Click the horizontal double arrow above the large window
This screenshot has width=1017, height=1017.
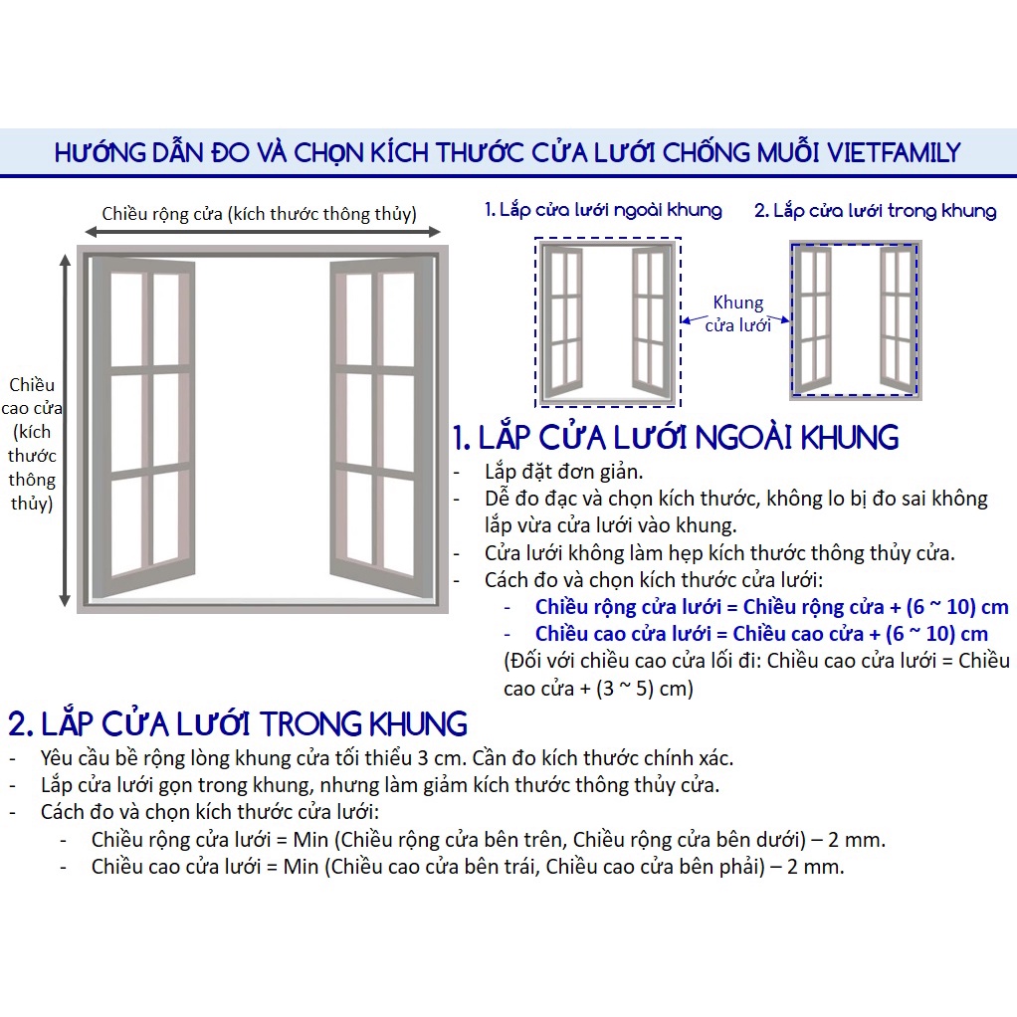[x=263, y=232]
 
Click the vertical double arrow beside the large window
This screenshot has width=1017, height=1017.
[x=65, y=430]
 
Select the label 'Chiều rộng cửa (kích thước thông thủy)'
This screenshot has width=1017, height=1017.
[x=260, y=213]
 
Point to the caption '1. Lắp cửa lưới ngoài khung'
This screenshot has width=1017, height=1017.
[x=603, y=210]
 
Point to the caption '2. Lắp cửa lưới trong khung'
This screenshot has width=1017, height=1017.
[x=875, y=210]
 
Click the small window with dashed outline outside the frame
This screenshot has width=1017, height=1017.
[x=608, y=322]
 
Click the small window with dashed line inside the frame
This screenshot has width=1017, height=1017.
[x=856, y=319]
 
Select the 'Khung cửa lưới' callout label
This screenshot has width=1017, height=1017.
[x=738, y=313]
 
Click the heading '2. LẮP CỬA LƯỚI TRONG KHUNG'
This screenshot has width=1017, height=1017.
[x=238, y=723]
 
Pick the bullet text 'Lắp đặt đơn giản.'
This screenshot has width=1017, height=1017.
[x=563, y=472]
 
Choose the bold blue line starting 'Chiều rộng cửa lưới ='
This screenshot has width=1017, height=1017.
[x=772, y=607]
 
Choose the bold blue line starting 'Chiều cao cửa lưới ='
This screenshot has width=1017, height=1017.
[x=761, y=634]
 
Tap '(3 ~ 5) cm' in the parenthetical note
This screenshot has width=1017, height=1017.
[x=639, y=689]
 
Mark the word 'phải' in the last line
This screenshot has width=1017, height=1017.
[x=741, y=867]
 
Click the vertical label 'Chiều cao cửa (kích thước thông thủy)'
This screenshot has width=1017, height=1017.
[x=32, y=444]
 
